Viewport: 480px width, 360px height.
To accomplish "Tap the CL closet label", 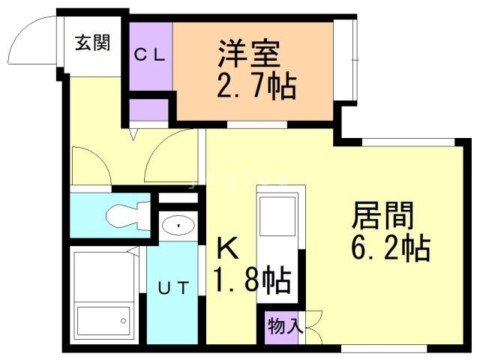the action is click(x=150, y=55).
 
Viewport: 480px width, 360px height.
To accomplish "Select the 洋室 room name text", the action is click(x=248, y=54).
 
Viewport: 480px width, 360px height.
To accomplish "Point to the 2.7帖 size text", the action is click(x=256, y=86).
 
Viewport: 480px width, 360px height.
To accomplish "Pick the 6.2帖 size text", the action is click(x=391, y=247).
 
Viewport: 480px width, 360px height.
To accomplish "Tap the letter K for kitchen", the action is click(x=227, y=248).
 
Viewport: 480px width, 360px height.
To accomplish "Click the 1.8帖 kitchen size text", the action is click(x=252, y=280).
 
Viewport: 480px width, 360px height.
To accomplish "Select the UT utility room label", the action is click(x=173, y=288).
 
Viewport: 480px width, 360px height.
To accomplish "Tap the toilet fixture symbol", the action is click(x=128, y=216).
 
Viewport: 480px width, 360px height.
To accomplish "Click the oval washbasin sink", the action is click(x=178, y=226).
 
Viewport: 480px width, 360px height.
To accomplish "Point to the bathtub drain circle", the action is click(x=123, y=321).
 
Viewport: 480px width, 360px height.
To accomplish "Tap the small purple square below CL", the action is click(x=148, y=110).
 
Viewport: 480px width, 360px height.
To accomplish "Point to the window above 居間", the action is click(x=408, y=142).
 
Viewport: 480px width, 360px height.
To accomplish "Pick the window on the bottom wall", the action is click(x=384, y=348).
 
